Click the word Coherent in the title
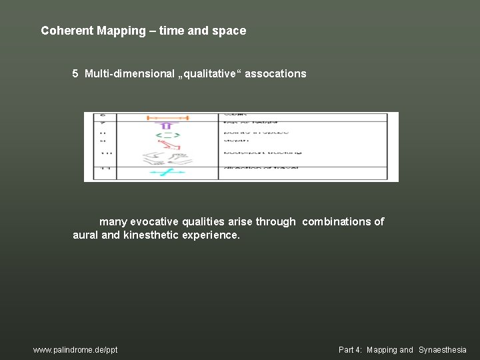click(65, 31)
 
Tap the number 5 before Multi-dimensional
click(76, 74)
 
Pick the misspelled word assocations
click(275, 74)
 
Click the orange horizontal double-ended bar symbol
click(168, 118)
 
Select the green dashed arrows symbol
click(168, 135)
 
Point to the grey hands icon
click(167, 158)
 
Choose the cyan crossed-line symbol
click(167, 173)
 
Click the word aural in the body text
click(85, 235)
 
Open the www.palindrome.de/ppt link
click(75, 350)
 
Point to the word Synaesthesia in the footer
click(443, 350)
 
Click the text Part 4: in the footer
click(351, 350)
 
